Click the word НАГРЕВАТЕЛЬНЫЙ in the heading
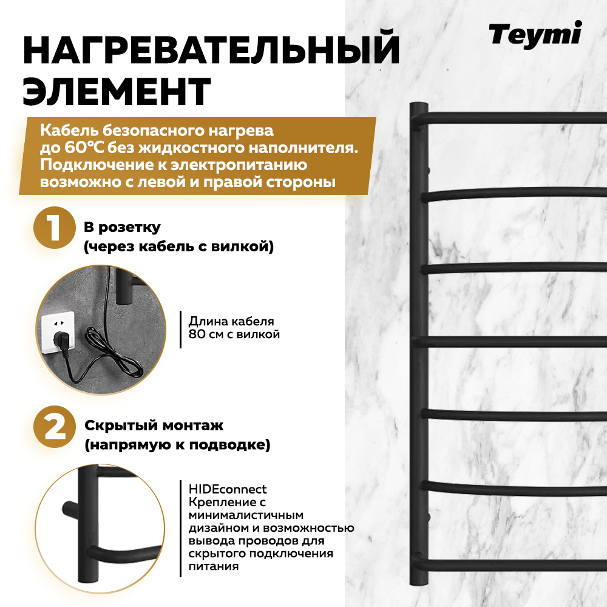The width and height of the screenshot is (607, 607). pyautogui.click(x=211, y=51)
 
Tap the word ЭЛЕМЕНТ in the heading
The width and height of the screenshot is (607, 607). pyautogui.click(x=117, y=91)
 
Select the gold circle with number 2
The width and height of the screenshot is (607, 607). pyautogui.click(x=55, y=427)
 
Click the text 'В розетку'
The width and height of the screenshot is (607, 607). pyautogui.click(x=122, y=228)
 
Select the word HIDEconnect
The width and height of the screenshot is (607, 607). pyautogui.click(x=228, y=489)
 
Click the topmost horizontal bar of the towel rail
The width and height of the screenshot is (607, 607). pyautogui.click(x=516, y=117)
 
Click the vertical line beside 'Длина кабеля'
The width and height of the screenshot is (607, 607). pyautogui.click(x=181, y=329)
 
